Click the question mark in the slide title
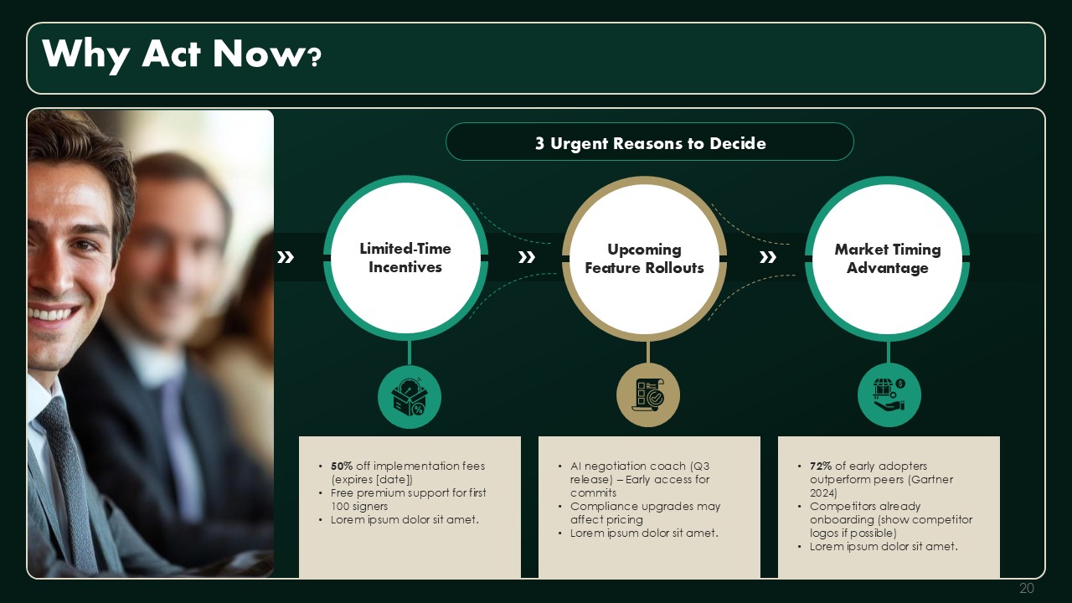314,58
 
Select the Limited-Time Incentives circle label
405,258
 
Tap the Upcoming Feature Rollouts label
644,259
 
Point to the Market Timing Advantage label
888,259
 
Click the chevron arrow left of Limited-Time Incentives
286,257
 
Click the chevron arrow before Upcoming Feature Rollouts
527,257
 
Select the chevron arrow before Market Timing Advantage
768,257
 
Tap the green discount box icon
410,397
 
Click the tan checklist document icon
648,395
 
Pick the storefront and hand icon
889,395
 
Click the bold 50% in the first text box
342,466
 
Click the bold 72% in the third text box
821,466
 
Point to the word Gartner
934,480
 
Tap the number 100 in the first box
340,507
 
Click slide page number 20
1027,588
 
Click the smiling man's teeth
52,314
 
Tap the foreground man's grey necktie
69,478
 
